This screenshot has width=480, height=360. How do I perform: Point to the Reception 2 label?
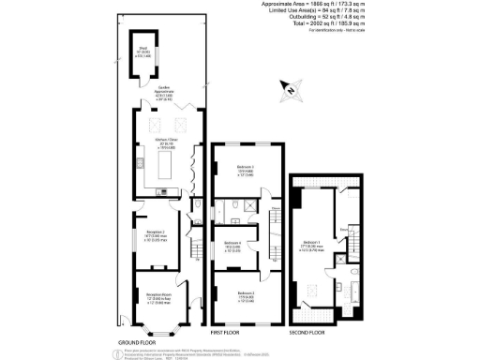[155, 236]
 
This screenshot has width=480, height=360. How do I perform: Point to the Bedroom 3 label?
[246, 172]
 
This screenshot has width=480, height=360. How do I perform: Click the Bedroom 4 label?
[232, 247]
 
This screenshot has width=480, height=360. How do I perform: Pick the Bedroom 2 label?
[246, 295]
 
